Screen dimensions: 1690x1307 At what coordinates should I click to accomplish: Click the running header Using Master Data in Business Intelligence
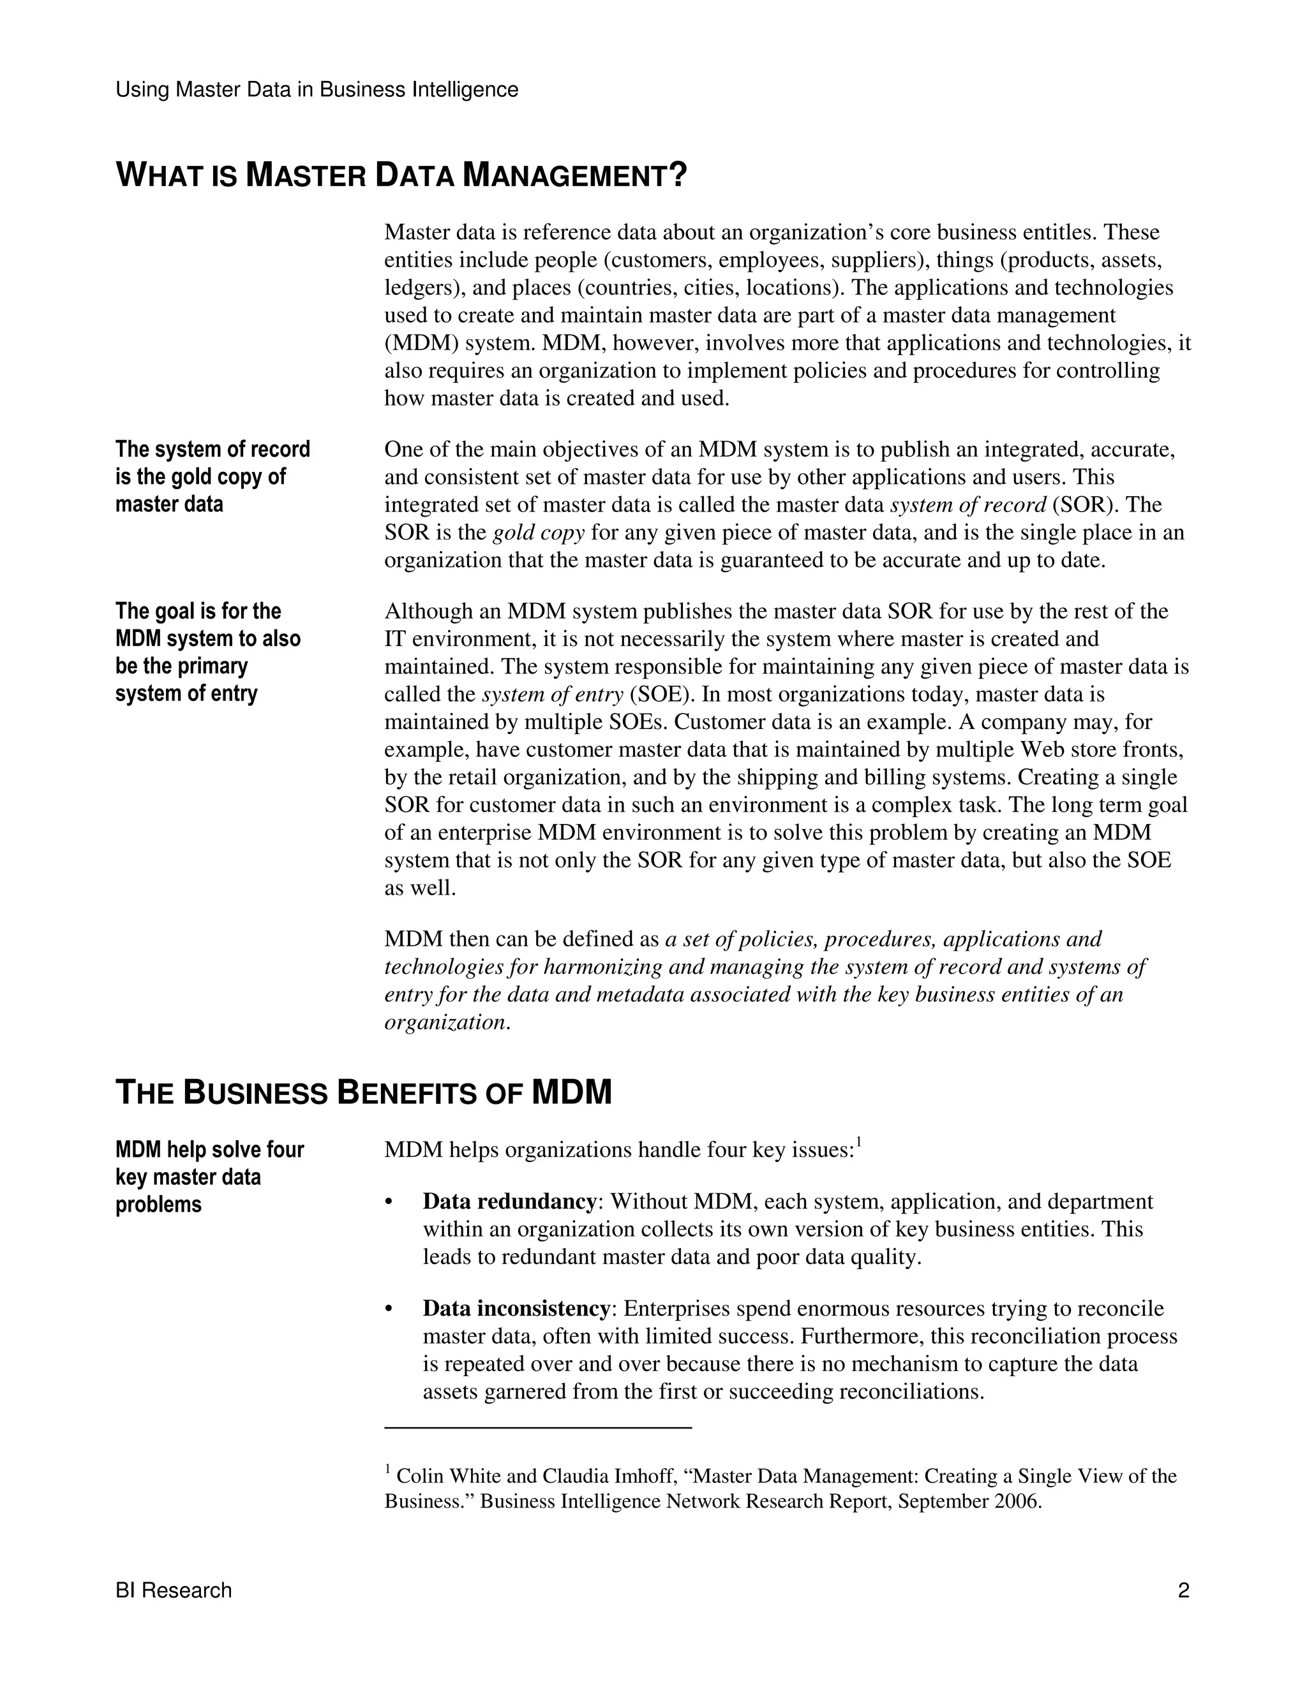(x=317, y=90)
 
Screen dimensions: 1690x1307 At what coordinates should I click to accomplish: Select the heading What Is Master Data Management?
(x=401, y=175)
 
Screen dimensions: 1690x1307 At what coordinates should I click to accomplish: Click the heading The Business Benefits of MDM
(x=363, y=1092)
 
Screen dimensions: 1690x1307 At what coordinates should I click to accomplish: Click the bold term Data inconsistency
(x=516, y=1309)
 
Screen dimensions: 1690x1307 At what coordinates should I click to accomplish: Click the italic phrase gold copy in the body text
(x=538, y=533)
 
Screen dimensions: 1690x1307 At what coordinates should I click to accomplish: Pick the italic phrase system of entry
(x=552, y=694)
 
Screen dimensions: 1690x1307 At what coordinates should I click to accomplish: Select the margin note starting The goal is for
(x=207, y=652)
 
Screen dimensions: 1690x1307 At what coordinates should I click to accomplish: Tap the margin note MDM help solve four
(x=209, y=1177)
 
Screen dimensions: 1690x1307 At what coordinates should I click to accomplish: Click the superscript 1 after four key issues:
(x=859, y=1143)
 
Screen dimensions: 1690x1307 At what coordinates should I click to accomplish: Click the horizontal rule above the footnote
(x=537, y=1428)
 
